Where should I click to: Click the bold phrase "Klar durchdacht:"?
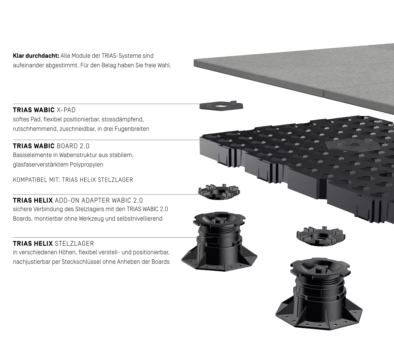pyautogui.click(x=36, y=56)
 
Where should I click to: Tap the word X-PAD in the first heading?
pyautogui.click(x=66, y=110)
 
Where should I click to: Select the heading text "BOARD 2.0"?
pyautogui.click(x=73, y=146)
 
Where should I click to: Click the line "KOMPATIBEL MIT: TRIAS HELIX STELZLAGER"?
pyautogui.click(x=73, y=180)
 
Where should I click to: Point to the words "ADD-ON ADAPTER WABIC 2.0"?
pyautogui.click(x=99, y=201)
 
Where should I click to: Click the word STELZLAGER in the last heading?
pyautogui.click(x=74, y=244)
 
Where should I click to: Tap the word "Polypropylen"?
pyautogui.click(x=87, y=165)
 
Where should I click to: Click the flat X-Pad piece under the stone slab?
pyautogui.click(x=221, y=105)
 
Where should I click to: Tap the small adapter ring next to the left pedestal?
pyautogui.click(x=219, y=192)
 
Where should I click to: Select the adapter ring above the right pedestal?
pyautogui.click(x=321, y=236)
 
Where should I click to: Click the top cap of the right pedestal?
pyautogui.click(x=320, y=267)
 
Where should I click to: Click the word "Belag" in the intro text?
pyautogui.click(x=108, y=65)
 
